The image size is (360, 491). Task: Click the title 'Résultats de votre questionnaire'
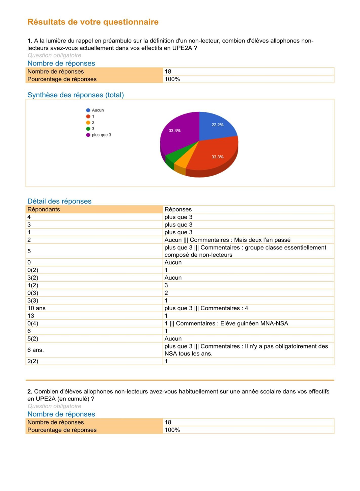[93, 22]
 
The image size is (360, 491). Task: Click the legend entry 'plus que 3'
[101, 135]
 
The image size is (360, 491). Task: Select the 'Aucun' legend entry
[98, 110]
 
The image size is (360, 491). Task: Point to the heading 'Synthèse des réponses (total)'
[76, 95]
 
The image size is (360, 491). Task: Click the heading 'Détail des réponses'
[59, 201]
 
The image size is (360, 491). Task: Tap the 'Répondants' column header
[44, 209]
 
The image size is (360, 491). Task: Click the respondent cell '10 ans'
[36, 308]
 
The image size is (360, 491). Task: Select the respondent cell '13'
[31, 316]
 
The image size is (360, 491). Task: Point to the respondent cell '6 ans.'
[35, 350]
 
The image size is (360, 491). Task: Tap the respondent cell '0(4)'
[33, 324]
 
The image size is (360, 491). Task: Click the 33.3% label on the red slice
[217, 157]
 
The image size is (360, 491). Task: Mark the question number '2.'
[30, 391]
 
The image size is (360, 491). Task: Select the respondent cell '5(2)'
[33, 339]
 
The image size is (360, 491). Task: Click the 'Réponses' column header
[178, 209]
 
